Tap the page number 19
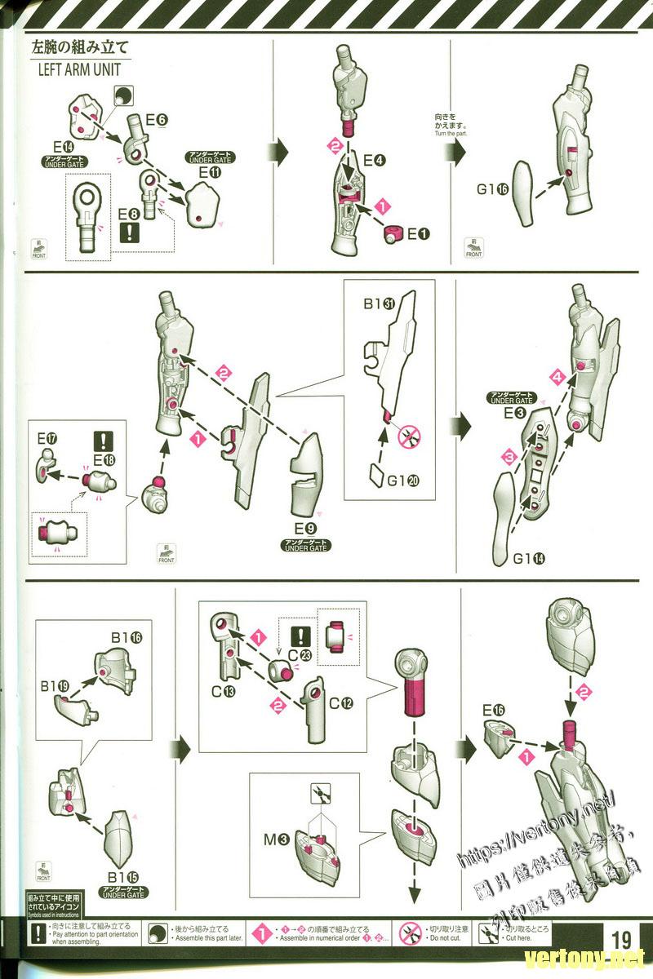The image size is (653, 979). [x=622, y=935]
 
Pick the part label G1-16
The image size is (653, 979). [x=493, y=190]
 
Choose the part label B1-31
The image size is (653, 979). [x=379, y=304]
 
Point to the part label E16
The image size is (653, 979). [x=493, y=710]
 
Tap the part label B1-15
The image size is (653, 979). [x=123, y=876]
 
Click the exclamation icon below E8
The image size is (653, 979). [x=129, y=232]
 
